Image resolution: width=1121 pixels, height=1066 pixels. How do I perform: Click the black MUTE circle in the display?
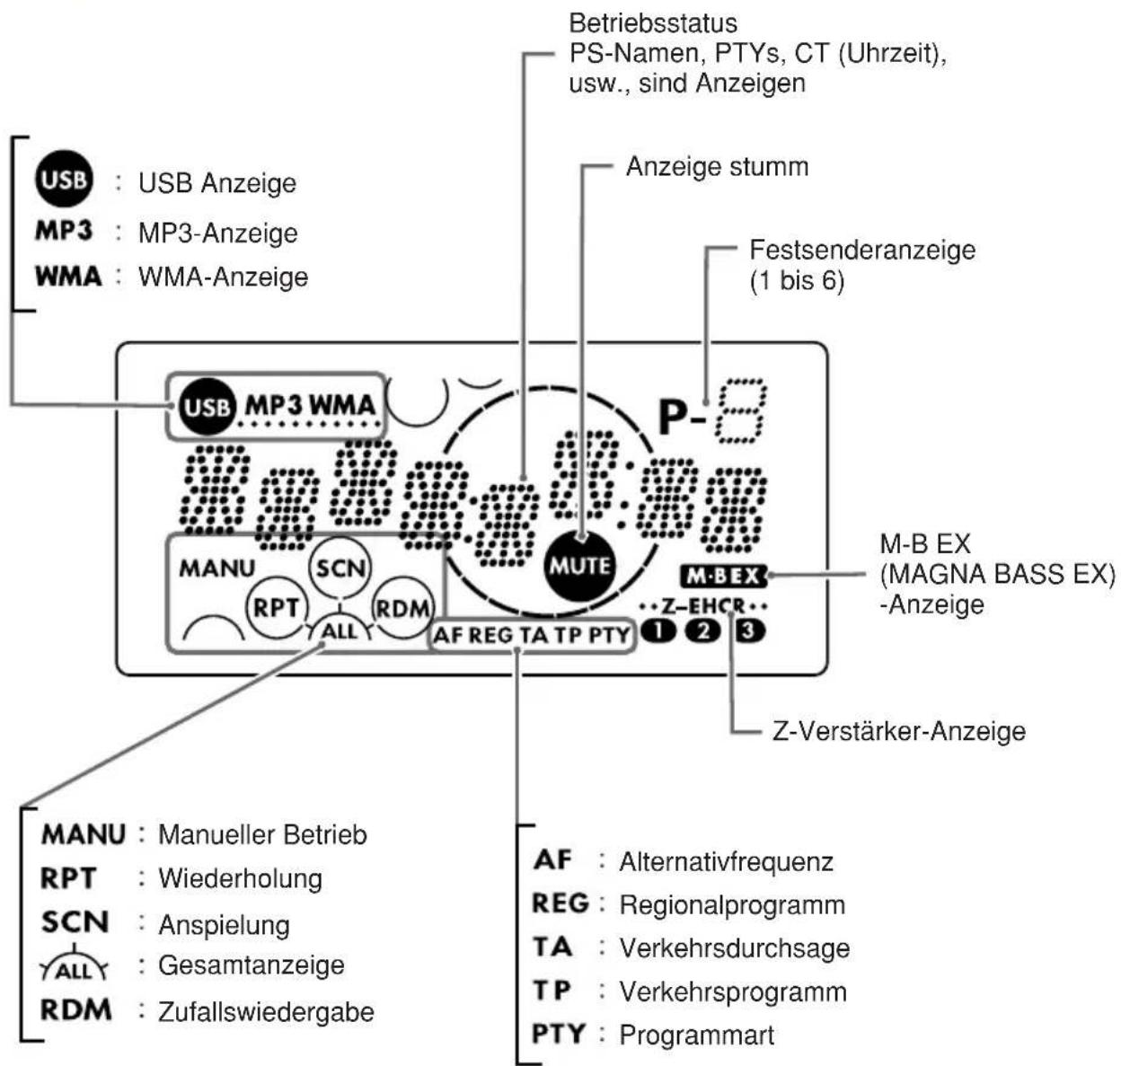[579, 566]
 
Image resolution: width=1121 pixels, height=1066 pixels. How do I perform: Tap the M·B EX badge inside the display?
[724, 577]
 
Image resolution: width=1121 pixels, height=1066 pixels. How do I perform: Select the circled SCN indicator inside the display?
[340, 568]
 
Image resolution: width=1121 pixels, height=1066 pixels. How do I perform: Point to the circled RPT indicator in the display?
[277, 607]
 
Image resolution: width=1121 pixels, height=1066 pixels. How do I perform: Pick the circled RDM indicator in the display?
[402, 608]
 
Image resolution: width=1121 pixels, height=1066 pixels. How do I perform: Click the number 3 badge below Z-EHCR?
[749, 630]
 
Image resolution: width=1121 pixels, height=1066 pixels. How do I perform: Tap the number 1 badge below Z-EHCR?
[658, 630]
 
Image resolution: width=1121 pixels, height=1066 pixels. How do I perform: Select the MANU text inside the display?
[217, 568]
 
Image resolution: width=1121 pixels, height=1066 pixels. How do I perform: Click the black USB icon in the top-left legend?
[63, 179]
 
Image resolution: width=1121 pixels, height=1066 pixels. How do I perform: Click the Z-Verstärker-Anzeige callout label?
[898, 731]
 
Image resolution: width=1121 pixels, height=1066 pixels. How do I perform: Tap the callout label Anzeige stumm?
[718, 167]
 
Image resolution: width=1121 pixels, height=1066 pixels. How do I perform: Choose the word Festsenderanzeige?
[862, 251]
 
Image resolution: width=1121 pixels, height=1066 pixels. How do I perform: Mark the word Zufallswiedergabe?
[266, 1011]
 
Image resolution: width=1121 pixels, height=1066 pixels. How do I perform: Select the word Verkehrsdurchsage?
[735, 948]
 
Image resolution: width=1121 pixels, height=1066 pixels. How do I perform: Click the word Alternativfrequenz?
[726, 861]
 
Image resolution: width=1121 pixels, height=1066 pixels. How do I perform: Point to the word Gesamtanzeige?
[251, 965]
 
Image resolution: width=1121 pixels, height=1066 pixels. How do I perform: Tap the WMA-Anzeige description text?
[223, 277]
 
